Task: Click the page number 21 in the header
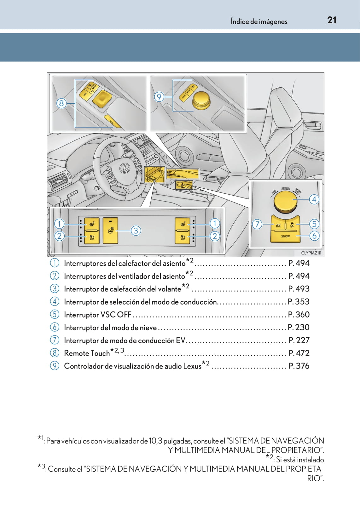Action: [x=332, y=20]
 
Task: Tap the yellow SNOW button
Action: [x=285, y=236]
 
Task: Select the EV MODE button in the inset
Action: [x=278, y=225]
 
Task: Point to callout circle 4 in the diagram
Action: [x=314, y=199]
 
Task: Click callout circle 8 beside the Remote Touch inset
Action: [x=61, y=103]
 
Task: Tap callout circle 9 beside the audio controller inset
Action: [x=159, y=97]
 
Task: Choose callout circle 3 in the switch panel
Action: [x=136, y=231]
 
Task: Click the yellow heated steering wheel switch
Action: [x=111, y=231]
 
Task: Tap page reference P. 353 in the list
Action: [x=299, y=302]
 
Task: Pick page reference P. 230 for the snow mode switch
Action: [x=299, y=328]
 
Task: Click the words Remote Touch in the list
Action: [x=87, y=353]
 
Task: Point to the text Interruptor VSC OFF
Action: [x=97, y=315]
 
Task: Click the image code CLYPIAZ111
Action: [x=311, y=253]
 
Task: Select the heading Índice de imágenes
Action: [x=259, y=21]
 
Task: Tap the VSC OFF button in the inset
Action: [x=292, y=225]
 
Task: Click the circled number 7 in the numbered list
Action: [x=55, y=340]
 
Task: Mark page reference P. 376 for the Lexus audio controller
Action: [x=299, y=366]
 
